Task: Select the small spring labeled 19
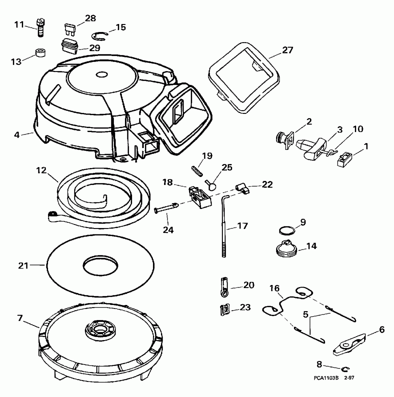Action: (x=197, y=169)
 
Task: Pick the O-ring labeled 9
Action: (x=286, y=231)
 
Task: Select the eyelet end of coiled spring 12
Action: (x=52, y=215)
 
